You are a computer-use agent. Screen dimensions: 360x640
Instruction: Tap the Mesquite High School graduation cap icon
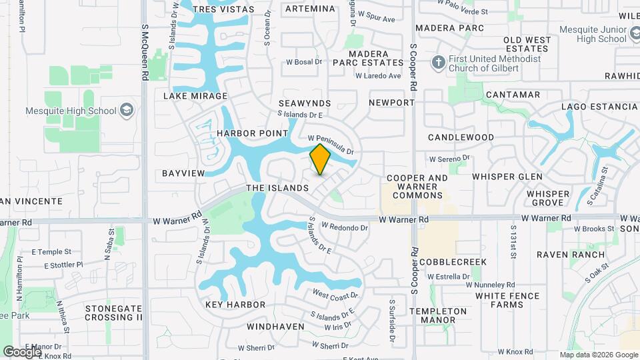coord(127,111)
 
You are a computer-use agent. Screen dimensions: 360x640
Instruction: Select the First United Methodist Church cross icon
coord(438,62)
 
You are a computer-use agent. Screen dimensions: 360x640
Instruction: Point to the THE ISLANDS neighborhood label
coord(278,189)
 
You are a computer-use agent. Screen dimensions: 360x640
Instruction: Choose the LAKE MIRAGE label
coord(195,96)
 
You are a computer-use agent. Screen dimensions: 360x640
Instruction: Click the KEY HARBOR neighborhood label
coord(235,305)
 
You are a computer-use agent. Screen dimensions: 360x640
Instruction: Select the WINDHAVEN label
coord(275,327)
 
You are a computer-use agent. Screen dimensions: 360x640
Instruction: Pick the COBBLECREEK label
coord(453,262)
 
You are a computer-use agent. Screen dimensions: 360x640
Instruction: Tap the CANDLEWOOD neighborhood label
coord(461,137)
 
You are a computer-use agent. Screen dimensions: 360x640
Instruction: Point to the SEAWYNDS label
coord(305,104)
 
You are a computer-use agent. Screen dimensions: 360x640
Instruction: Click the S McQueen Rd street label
coord(145,53)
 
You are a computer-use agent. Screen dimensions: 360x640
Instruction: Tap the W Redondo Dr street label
coord(345,227)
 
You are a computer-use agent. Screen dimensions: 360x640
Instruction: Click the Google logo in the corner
coord(22,351)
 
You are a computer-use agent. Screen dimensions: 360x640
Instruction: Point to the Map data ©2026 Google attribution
coord(599,355)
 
